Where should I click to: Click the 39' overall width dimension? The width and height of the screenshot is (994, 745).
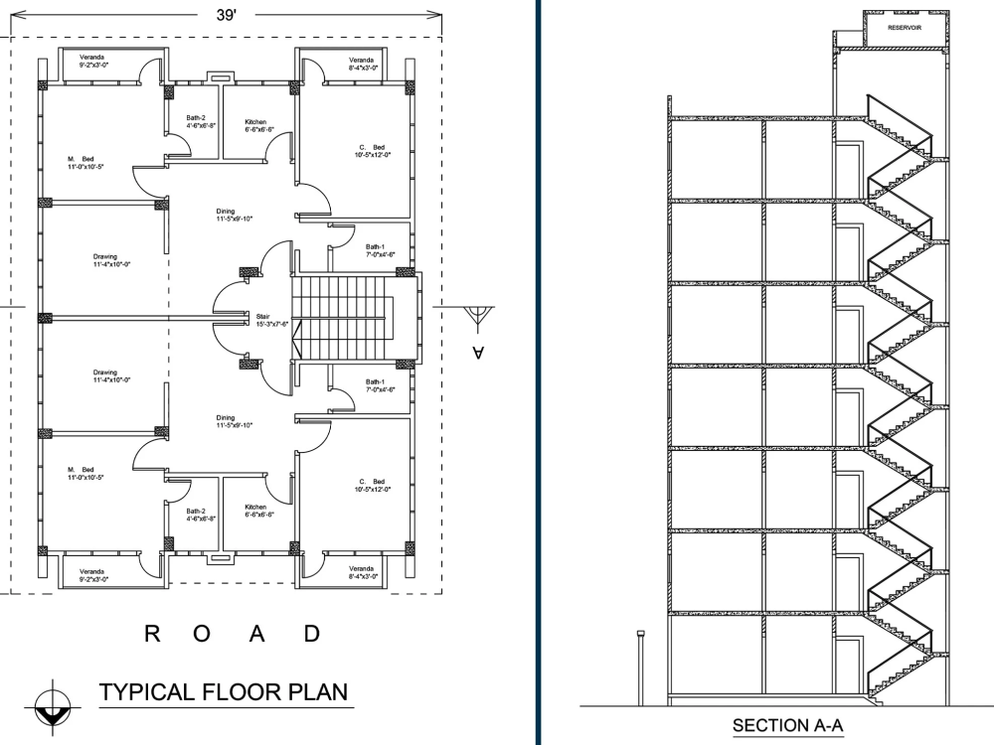point(227,15)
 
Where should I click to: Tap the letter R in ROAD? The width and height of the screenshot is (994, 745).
point(153,635)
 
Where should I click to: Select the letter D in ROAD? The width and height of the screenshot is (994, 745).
point(311,635)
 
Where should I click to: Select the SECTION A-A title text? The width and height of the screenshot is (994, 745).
point(784,726)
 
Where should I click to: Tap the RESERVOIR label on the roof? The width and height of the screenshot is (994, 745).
point(904,28)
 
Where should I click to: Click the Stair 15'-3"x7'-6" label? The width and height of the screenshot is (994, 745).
point(271,320)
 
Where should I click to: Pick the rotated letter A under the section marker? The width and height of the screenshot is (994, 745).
point(478,352)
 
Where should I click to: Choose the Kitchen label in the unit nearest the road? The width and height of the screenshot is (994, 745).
point(258,512)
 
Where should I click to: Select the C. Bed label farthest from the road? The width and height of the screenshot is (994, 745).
point(373,151)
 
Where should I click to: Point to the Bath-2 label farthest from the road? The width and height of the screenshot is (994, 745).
point(196,121)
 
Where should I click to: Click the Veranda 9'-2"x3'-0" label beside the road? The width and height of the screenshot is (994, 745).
point(92,574)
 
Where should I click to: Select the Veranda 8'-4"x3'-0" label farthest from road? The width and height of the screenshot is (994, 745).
point(362,63)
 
